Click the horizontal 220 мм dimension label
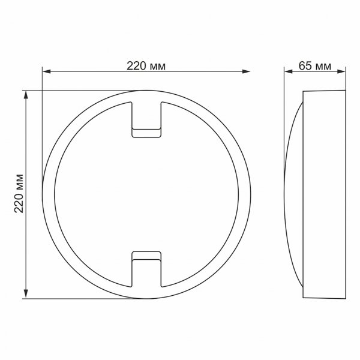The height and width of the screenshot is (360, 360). coord(146,65)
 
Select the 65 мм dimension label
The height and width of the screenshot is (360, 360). coord(315,65)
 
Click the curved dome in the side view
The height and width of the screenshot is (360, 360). coord(294,193)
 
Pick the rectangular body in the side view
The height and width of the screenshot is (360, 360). coord(325,193)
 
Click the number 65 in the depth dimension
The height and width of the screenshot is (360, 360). coord(304,65)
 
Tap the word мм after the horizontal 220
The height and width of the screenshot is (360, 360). coord(158,65)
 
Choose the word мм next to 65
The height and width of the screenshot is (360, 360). coord(323,65)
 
